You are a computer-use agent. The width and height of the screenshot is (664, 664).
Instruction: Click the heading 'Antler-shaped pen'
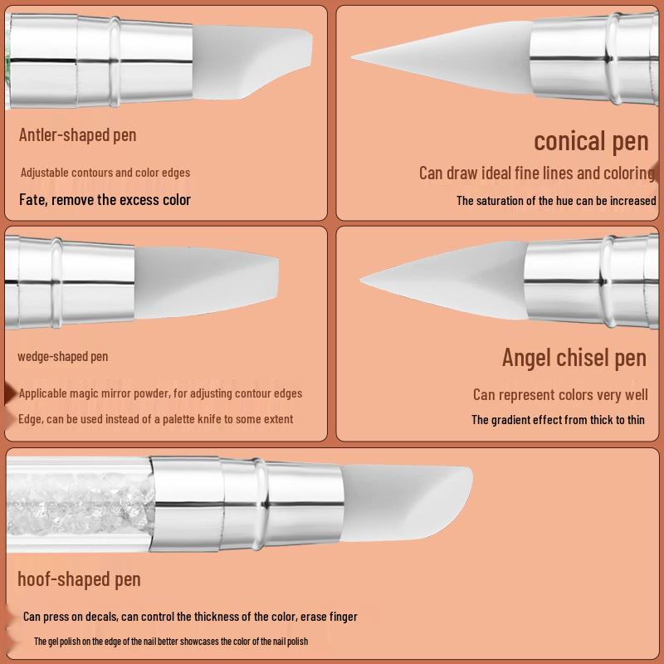77,135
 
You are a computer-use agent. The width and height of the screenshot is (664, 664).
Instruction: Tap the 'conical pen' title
590,141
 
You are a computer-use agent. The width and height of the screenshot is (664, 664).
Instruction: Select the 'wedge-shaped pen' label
63,357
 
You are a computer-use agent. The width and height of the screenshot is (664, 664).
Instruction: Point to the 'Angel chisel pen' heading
574,358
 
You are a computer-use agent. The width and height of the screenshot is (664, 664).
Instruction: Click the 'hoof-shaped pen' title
79,579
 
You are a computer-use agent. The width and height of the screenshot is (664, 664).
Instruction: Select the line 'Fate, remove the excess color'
105,200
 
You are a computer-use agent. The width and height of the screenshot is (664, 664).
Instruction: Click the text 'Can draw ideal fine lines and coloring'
536,173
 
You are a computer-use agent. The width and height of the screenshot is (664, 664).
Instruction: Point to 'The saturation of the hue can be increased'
556,201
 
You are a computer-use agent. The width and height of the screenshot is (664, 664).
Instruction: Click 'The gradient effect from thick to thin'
558,420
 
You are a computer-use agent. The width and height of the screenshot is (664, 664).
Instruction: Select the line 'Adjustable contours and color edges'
105,173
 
